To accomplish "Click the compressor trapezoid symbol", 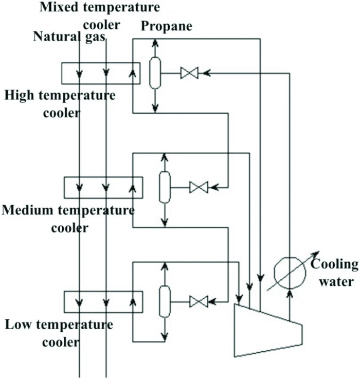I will [268, 329].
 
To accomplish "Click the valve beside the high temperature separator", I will [189, 74].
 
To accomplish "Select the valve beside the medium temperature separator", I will [198, 187].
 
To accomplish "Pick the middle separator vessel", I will [164, 187].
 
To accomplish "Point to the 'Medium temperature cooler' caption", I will [68, 218].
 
